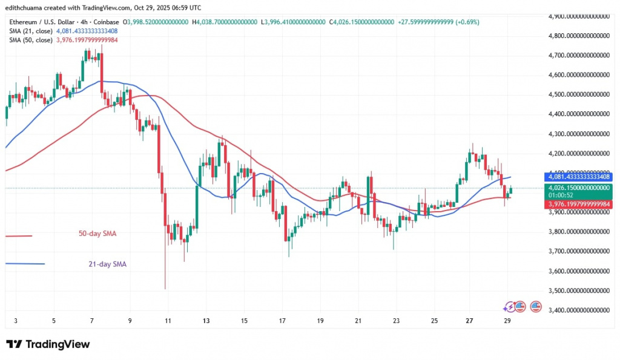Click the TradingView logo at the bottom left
[48, 344]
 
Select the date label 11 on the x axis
[168, 321]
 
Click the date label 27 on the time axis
[470, 321]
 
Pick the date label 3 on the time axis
[16, 321]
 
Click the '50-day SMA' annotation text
[98, 233]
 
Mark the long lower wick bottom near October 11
[165, 288]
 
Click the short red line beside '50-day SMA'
[18, 236]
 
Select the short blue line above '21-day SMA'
[24, 263]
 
